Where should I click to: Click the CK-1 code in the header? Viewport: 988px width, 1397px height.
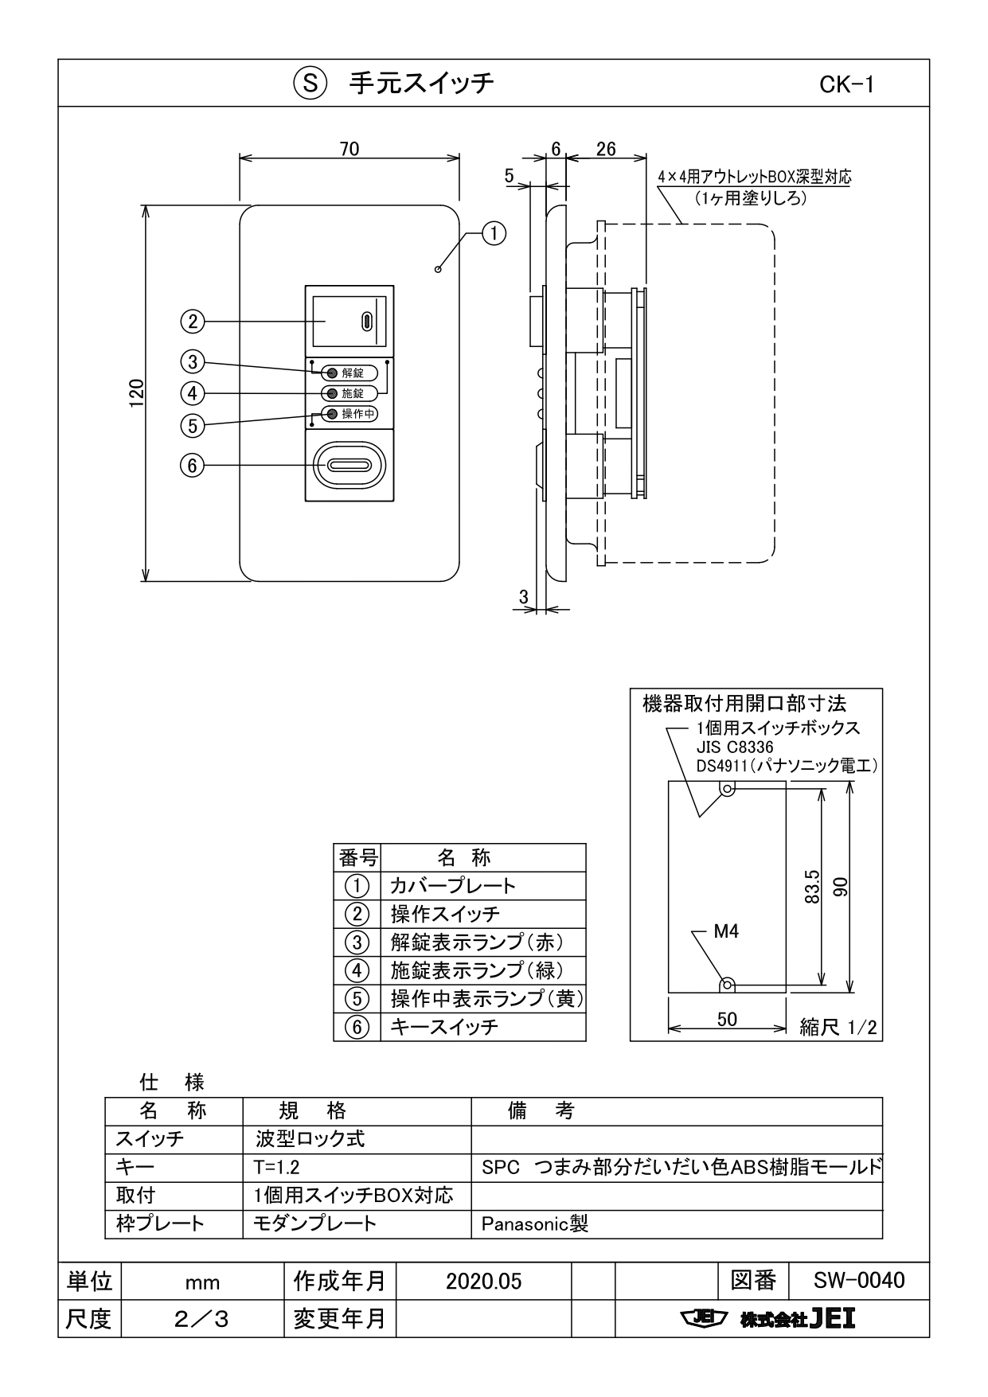click(846, 84)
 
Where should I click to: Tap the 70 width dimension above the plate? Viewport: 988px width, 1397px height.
click(349, 149)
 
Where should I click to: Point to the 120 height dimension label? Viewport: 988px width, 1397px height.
click(137, 393)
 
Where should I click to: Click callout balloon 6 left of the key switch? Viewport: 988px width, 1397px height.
click(192, 465)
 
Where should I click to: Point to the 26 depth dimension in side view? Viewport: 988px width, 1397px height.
click(605, 149)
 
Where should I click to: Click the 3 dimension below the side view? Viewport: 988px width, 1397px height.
click(523, 596)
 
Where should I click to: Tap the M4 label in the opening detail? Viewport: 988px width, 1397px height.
click(725, 931)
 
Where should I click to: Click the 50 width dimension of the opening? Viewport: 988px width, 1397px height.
click(726, 1019)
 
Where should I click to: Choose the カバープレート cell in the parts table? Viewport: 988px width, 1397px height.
click(452, 886)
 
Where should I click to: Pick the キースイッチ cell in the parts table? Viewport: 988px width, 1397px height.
click(444, 1027)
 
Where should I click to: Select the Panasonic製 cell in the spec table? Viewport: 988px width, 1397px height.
click(534, 1223)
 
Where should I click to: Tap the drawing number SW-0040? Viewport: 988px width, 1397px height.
click(858, 1280)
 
